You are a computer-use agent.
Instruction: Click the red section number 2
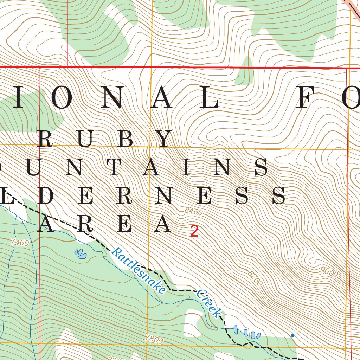point(194,231)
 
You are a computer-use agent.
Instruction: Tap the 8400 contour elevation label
point(194,212)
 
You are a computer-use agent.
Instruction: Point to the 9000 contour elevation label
point(329,272)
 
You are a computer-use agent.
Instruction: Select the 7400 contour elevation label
point(20,242)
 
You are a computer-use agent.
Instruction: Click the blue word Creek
point(209,303)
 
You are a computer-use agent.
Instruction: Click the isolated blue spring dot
point(292,335)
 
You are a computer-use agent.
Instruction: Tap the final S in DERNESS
point(278,196)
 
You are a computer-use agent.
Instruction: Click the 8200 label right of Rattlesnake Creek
point(255,278)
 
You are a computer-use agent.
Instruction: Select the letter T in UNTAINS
point(115,168)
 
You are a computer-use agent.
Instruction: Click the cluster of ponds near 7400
point(81,254)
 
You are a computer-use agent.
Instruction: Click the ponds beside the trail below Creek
point(246,333)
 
